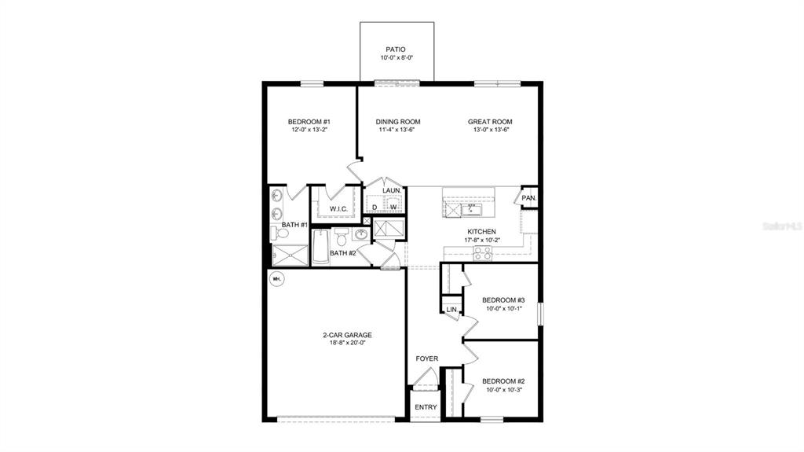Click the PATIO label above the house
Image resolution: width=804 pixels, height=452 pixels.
pyautogui.click(x=396, y=49)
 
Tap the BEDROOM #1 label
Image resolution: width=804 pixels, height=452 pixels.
pyautogui.click(x=309, y=121)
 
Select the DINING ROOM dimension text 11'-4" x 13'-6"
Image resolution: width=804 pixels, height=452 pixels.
pyautogui.click(x=397, y=130)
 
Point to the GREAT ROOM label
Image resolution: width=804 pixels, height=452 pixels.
pyautogui.click(x=490, y=121)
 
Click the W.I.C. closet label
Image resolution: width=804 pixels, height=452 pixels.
pyautogui.click(x=338, y=208)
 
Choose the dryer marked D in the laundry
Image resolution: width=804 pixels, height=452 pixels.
pyautogui.click(x=375, y=207)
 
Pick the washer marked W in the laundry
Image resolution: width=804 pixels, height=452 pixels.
pyautogui.click(x=393, y=207)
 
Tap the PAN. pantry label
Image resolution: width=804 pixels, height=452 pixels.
pyautogui.click(x=528, y=197)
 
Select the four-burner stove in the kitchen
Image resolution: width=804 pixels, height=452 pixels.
pyautogui.click(x=482, y=252)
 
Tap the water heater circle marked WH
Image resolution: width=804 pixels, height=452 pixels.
pyautogui.click(x=276, y=278)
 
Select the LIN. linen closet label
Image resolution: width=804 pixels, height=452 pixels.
pyautogui.click(x=451, y=310)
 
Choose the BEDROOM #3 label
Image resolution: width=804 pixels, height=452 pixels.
pyautogui.click(x=502, y=299)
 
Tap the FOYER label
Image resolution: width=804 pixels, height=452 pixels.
pyautogui.click(x=426, y=358)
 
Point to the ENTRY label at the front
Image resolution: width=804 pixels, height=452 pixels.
pyautogui.click(x=426, y=406)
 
